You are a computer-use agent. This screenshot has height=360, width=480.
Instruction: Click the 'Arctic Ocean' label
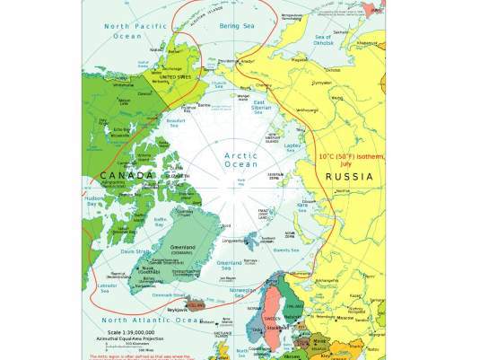(240, 161)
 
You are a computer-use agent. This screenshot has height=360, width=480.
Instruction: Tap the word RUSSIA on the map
(349, 177)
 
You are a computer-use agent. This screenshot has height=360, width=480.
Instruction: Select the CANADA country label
(127, 174)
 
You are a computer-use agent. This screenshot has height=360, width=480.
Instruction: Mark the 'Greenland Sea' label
(229, 265)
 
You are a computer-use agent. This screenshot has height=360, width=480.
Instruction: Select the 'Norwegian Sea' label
(243, 293)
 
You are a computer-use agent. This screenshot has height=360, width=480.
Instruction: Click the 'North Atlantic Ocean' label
(148, 320)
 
